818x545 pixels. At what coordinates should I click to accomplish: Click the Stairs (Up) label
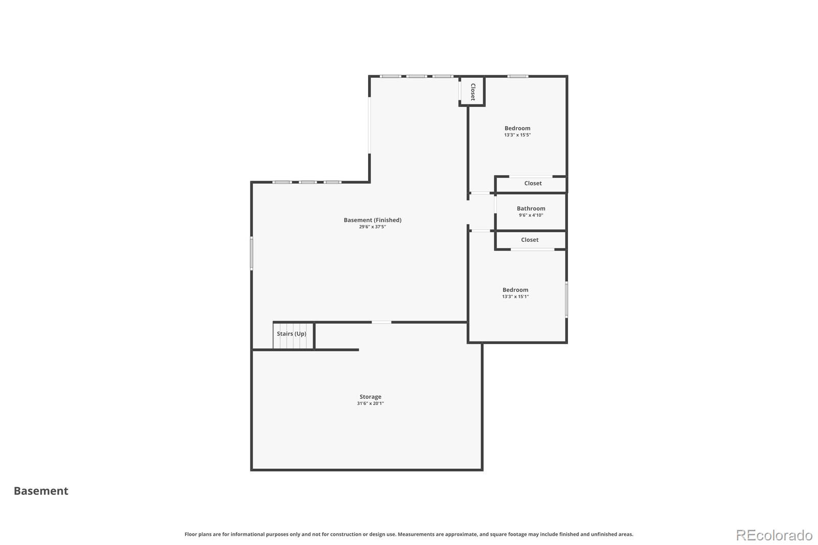coord(291,334)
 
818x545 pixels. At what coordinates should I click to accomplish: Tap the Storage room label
coord(370,397)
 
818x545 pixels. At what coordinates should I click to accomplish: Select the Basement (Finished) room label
coord(372,220)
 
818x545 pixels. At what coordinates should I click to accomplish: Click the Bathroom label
coord(531,209)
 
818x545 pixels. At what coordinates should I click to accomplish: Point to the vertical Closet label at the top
coord(473,92)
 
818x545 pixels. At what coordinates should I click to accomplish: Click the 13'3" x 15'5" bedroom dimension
coord(517,135)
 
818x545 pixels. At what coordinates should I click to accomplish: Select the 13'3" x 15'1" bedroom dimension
coord(515,297)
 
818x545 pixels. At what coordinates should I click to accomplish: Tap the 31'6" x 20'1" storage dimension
coord(370,403)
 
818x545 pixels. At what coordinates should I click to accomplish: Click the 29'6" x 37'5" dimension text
coord(372,227)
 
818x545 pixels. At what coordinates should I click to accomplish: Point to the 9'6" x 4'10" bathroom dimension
coord(531,215)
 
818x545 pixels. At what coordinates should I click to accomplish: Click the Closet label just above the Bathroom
coord(533,184)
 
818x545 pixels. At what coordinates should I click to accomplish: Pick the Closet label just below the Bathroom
coord(530,240)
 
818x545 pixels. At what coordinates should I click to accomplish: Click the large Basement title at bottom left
coord(41,491)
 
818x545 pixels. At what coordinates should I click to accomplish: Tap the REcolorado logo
coord(774,535)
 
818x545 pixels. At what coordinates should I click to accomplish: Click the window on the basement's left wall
coord(252,253)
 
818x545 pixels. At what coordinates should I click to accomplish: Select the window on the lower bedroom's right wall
coord(566,300)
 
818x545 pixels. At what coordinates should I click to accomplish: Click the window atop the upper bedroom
coord(517,77)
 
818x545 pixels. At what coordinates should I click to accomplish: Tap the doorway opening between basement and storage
coord(381,322)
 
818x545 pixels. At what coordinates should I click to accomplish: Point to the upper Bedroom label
coord(517,128)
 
